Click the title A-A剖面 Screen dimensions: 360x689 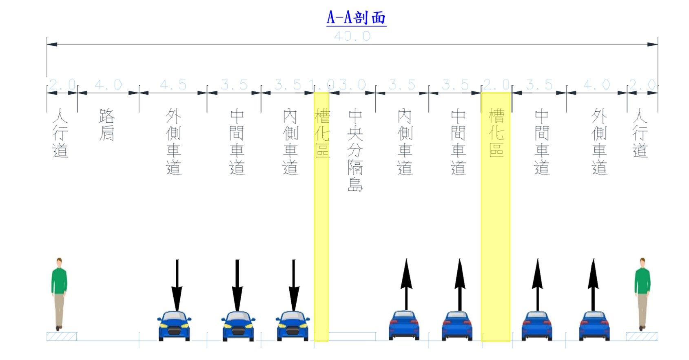tap(356, 18)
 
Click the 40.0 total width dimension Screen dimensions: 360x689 tap(352, 36)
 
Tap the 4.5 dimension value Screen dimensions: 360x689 tap(173, 85)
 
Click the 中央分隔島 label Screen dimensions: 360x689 tap(355, 150)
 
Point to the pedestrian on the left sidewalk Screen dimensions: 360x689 tap(59, 294)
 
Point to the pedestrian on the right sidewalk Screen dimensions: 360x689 tap(642, 294)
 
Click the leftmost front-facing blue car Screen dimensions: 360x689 tap(174, 326)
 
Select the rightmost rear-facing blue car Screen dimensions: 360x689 tap(594, 326)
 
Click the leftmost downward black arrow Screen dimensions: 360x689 tap(177, 285)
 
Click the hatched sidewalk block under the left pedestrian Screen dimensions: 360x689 tap(62, 336)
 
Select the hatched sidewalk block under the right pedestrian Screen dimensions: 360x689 tap(641, 336)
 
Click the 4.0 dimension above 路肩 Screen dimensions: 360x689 tap(108, 85)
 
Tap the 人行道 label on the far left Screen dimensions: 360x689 tap(60, 133)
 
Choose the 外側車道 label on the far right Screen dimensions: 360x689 tap(599, 141)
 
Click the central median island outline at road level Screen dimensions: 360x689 tap(352, 336)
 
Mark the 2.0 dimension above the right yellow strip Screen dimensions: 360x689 tap(496, 85)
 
